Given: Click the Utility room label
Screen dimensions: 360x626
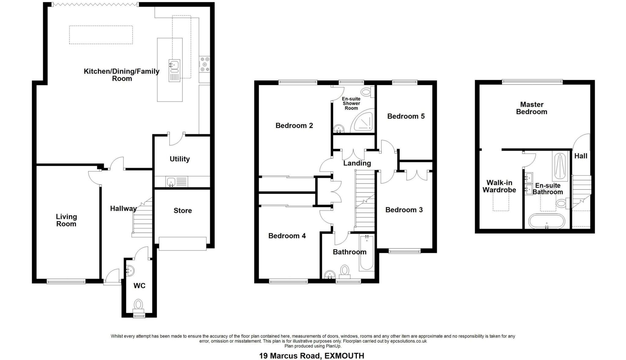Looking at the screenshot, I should pos(179,159).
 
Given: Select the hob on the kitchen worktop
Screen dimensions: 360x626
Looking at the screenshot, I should pos(204,65).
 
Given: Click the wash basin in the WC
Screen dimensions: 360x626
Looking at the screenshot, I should pos(130,271).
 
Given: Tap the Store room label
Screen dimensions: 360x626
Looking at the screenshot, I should pos(182,210).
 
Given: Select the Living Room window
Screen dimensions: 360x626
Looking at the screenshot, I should pos(66,281).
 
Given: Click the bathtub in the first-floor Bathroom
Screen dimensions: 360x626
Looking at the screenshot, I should pos(366,253).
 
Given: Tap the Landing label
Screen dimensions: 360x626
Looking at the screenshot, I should pos(357,163).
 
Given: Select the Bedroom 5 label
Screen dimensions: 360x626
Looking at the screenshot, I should pos(406,116).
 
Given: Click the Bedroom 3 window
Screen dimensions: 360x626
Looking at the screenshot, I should pos(404,251).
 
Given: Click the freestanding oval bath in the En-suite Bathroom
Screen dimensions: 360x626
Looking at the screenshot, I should pos(547,221).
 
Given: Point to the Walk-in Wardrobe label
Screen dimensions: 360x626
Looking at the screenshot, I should pos(499,186).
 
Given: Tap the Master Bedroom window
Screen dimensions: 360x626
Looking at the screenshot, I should pos(532,82).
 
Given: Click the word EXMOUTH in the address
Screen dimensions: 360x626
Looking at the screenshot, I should pos(344,356).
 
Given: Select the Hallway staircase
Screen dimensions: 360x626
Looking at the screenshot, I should pos(143,218).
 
